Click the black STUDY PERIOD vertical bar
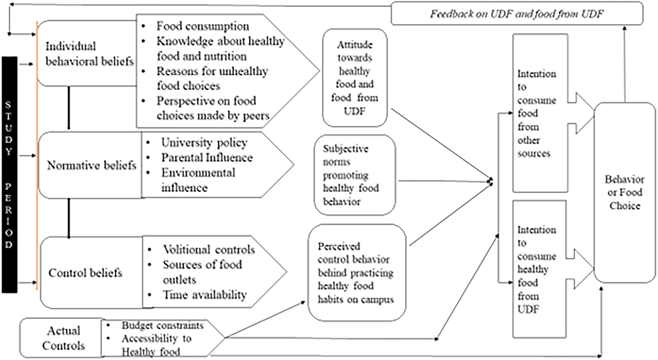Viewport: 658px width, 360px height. pos(9,175)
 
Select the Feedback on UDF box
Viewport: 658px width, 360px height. pos(516,14)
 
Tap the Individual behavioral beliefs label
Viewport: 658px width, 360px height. pos(89,54)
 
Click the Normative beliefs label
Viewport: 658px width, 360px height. pos(91,165)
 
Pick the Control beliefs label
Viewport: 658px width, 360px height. pos(85,273)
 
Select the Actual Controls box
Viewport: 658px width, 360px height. pos(63,338)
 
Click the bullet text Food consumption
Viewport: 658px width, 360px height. pos(202,26)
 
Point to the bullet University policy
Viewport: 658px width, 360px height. pos(204,143)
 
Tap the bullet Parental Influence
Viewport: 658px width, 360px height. pos(207,158)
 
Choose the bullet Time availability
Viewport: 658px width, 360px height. pos(204,295)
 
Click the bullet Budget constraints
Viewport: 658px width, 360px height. pos(162,325)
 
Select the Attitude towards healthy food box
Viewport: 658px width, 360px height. pos(355,78)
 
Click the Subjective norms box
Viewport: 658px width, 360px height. pos(354,175)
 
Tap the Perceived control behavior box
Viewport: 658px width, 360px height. pos(356,273)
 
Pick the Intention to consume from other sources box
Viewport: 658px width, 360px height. pos(539,113)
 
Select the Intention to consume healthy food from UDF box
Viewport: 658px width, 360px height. pos(539,269)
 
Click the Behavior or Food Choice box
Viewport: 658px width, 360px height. pos(625,192)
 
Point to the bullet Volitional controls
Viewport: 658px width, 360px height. pos(209,250)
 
